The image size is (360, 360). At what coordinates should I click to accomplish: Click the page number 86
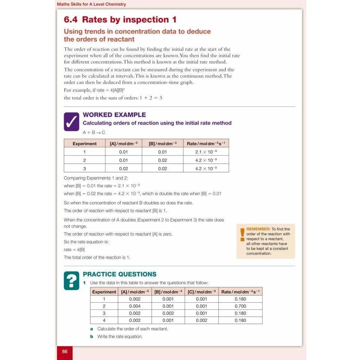(65, 351)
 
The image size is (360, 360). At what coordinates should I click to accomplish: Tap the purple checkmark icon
(71, 122)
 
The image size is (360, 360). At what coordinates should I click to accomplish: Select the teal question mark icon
(71, 281)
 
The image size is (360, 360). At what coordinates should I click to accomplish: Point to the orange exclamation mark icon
(242, 235)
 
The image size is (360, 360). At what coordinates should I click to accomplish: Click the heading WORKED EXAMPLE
(115, 115)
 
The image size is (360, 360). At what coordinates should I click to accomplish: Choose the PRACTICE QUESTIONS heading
(119, 274)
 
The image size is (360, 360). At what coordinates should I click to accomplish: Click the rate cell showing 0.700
(240, 306)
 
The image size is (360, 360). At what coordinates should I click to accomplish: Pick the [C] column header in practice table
(202, 292)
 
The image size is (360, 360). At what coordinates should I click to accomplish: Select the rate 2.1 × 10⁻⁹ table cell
(206, 152)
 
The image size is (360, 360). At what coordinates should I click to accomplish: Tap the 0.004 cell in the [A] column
(135, 306)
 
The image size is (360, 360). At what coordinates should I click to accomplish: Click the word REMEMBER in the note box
(258, 229)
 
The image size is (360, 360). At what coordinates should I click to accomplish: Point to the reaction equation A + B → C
(94, 132)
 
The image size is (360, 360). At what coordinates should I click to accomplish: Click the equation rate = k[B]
(74, 250)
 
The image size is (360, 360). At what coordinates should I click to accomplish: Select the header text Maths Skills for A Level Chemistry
(91, 4)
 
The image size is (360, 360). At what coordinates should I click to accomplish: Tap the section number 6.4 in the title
(71, 20)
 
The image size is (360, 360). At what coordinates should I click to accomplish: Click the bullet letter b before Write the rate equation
(91, 337)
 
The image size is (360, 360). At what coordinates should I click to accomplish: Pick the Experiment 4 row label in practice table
(104, 320)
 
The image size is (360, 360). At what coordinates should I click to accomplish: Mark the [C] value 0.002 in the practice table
(202, 320)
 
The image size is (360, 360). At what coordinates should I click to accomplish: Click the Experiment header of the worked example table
(85, 144)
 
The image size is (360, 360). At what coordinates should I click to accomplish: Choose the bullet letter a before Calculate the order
(91, 329)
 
